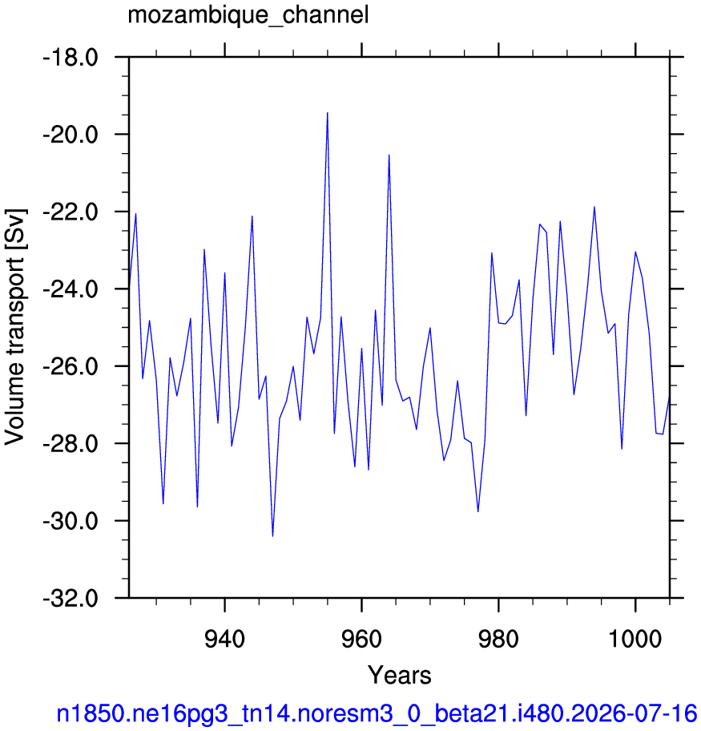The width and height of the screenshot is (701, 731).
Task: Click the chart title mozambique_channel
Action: pos(248,15)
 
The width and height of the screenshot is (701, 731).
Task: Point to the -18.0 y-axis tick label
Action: pos(71,59)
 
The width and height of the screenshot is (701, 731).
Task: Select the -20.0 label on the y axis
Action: pos(71,135)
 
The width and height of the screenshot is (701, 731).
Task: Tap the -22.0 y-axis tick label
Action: pos(71,213)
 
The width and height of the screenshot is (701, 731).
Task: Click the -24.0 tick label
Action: pos(71,290)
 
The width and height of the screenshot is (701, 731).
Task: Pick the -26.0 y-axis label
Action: pos(71,367)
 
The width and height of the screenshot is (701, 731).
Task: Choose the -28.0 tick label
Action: pos(71,445)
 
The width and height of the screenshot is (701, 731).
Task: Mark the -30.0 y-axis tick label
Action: pos(71,522)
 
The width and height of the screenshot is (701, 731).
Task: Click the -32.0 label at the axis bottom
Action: pos(71,599)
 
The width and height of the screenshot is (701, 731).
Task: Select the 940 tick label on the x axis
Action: pos(224,639)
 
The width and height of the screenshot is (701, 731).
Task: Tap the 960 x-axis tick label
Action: pos(361,639)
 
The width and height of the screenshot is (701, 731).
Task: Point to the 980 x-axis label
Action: pos(498,639)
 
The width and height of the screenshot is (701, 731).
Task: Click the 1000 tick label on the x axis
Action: pos(635,639)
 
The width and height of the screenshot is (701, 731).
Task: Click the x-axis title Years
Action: pos(400,675)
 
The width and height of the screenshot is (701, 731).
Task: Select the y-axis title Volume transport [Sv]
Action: pos(15,326)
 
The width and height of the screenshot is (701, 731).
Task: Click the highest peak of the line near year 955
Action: pos(327,113)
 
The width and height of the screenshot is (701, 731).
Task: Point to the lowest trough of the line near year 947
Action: pos(272,536)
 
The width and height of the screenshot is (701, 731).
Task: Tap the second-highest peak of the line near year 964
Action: pos(389,155)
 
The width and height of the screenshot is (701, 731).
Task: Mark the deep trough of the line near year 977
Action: pos(477,511)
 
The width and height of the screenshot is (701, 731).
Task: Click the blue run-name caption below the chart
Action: pos(377,713)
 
